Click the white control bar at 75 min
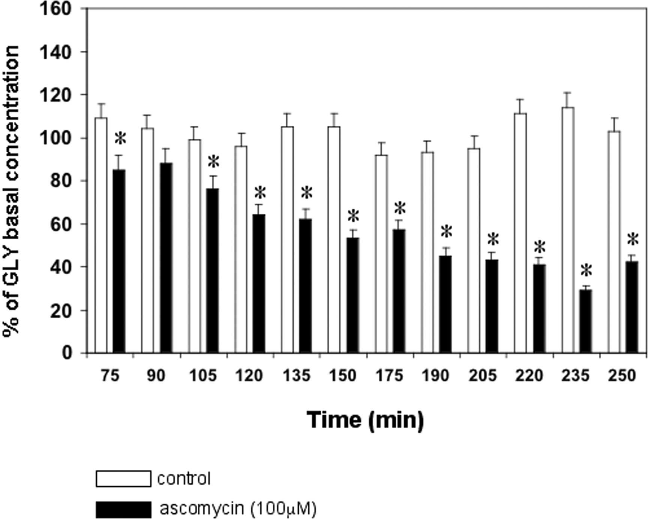point(101,235)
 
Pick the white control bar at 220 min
point(520,233)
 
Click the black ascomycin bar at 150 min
point(352,295)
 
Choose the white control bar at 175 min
point(381,254)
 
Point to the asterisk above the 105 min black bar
point(213,162)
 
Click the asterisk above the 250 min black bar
point(633,240)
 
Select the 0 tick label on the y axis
point(66,353)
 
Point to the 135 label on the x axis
point(296,375)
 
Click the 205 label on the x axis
point(482,375)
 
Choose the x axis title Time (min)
point(366,420)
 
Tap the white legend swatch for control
point(123,479)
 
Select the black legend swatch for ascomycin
point(123,509)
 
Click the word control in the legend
point(184,479)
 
